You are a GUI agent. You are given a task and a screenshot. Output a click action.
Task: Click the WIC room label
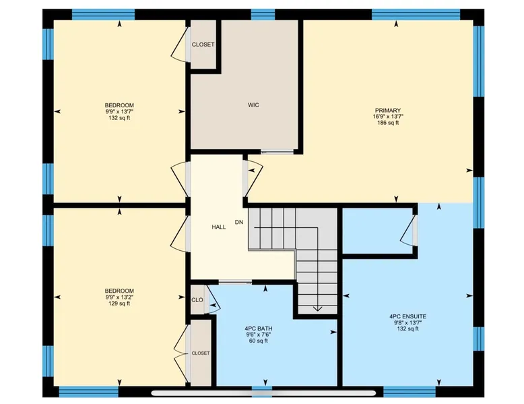[253, 105]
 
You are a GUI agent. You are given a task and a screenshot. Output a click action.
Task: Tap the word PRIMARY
[388, 111]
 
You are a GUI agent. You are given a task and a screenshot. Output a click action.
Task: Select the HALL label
[218, 227]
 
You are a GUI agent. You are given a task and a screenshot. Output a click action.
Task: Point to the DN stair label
[239, 222]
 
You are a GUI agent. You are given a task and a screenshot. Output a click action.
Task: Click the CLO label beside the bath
[197, 300]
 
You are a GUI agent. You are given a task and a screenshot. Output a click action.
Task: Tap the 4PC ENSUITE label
[407, 316]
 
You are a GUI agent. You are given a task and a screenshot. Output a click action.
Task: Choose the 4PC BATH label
[259, 328]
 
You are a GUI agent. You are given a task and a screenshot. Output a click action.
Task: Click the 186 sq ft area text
[388, 123]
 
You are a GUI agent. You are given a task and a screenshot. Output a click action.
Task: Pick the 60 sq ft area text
[259, 341]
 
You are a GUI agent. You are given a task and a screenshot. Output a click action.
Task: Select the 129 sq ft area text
[119, 304]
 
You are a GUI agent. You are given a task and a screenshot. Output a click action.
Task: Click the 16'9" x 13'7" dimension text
[388, 117]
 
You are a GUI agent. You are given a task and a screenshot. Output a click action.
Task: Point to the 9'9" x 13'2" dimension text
[119, 297]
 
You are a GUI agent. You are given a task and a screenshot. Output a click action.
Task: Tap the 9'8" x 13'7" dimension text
[407, 322]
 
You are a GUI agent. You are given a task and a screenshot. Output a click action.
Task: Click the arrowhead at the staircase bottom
[317, 309]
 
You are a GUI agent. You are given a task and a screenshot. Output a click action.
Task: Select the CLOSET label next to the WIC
[203, 45]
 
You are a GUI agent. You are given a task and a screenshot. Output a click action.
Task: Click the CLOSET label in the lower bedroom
[201, 353]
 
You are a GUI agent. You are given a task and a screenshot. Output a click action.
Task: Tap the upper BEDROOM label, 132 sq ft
[119, 105]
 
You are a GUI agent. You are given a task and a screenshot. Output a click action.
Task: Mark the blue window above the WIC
[263, 15]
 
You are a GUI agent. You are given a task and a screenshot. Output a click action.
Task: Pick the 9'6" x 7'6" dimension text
[259, 335]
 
